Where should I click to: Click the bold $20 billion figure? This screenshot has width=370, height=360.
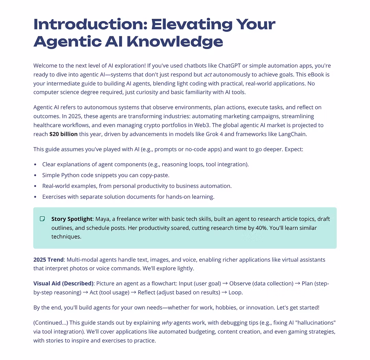tap(63, 134)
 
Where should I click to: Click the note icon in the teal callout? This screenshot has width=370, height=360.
tap(42, 219)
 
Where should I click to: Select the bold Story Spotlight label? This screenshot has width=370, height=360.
tap(72, 219)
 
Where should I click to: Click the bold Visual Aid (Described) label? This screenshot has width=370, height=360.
tap(63, 284)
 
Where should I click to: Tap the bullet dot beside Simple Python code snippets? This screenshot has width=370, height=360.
tap(35, 175)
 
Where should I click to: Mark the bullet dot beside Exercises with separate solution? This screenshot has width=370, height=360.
tap(35, 197)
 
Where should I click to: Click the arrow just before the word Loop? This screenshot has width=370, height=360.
tap(224, 292)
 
